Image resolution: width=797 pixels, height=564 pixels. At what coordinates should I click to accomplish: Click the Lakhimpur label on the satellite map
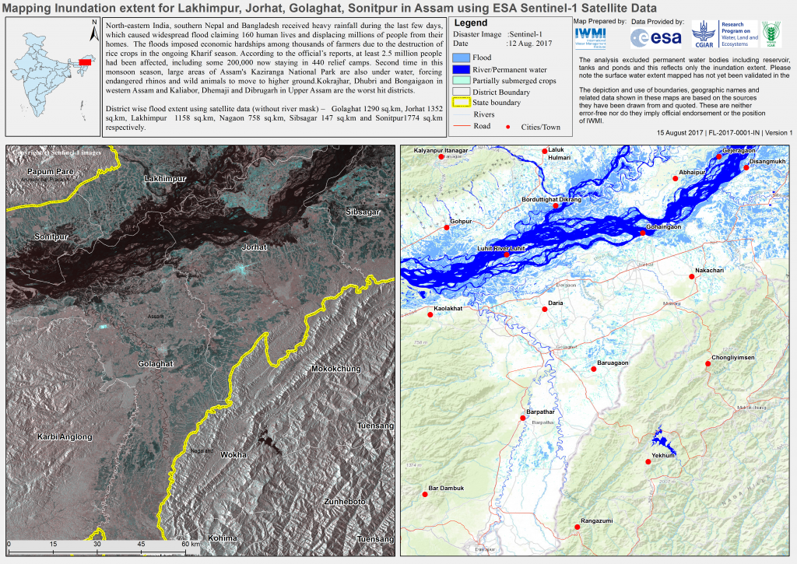click(x=166, y=180)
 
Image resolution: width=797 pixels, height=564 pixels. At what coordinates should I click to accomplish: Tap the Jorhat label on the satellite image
click(x=255, y=247)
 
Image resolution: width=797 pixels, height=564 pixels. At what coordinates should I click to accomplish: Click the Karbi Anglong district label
click(x=65, y=437)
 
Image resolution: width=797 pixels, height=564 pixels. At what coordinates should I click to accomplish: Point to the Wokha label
click(x=233, y=454)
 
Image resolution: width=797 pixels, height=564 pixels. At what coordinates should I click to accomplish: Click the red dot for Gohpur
click(x=448, y=226)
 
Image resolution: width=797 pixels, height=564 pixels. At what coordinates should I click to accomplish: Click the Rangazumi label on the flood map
click(x=597, y=521)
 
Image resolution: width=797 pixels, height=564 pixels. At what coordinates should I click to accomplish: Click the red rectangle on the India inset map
click(x=85, y=61)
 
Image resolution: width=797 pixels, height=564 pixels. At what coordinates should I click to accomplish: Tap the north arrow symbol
click(x=93, y=32)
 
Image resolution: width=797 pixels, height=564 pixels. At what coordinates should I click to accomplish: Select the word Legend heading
click(x=470, y=24)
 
